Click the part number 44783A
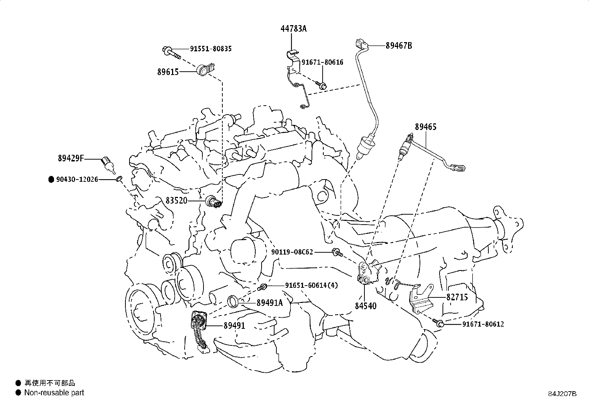(293, 28)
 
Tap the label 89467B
(399, 46)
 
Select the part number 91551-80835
(211, 49)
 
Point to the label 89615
(168, 72)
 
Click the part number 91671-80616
(322, 62)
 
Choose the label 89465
(426, 127)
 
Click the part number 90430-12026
(77, 180)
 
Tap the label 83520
(176, 201)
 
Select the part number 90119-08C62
(292, 252)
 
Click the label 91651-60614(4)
(312, 285)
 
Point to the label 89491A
(270, 303)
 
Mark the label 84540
(366, 306)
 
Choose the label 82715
(457, 297)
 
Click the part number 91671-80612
(483, 324)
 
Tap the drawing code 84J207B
(562, 394)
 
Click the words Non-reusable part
(54, 393)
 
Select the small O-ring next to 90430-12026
(120, 179)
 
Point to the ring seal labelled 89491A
(233, 301)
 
